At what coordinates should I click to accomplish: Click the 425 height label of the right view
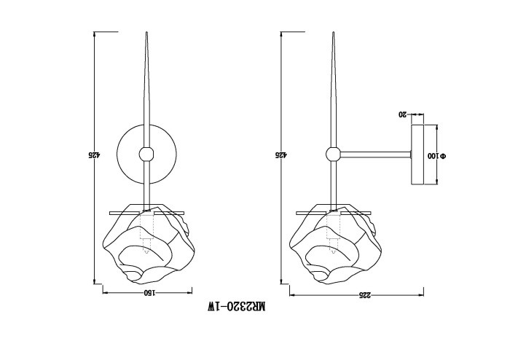[280, 154]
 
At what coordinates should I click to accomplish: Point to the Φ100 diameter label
[442, 156]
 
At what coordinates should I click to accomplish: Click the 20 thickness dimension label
[402, 114]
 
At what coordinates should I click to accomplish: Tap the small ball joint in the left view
[146, 154]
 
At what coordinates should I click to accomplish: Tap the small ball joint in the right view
[333, 154]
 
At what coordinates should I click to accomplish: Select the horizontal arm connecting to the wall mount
[375, 154]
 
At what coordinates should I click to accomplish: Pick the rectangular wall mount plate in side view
[419, 154]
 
